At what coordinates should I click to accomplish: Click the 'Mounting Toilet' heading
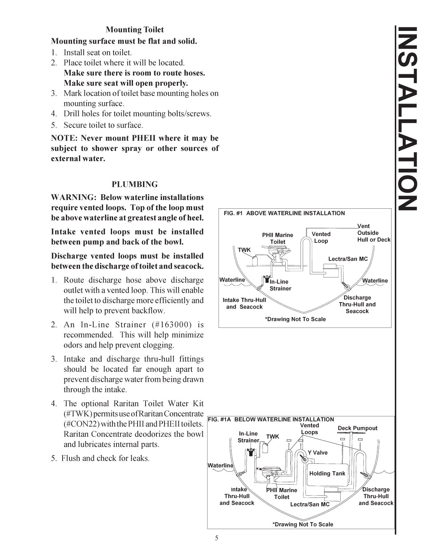[135, 30]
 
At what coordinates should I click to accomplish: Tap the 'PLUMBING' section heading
[135, 184]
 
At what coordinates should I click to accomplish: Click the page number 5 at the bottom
[216, 538]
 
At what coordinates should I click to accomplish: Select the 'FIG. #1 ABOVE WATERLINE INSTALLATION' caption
[284, 213]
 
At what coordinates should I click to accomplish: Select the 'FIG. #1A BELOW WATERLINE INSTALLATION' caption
[271, 419]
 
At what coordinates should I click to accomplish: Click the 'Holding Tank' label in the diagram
[327, 473]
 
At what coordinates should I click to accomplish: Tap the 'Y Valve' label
[317, 453]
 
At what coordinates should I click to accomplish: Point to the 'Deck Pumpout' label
[357, 428]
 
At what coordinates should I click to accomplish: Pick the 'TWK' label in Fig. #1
[244, 250]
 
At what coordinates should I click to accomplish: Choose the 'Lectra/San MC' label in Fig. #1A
[310, 504]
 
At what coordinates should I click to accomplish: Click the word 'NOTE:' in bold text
[64, 138]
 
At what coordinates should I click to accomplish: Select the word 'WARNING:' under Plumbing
[74, 197]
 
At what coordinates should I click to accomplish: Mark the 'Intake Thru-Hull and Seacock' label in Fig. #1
[244, 303]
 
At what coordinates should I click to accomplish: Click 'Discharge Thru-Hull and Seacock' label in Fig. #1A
[376, 496]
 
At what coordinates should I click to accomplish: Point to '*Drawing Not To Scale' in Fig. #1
[295, 319]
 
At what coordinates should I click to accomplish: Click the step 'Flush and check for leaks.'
[105, 458]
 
